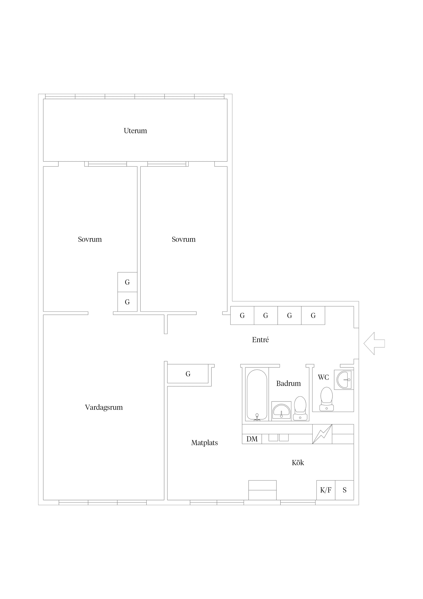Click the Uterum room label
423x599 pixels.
tap(135, 131)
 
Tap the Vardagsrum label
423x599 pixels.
tap(104, 407)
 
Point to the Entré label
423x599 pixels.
tap(260, 340)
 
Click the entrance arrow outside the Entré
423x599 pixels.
tap(374, 343)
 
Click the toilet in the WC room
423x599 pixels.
tap(327, 399)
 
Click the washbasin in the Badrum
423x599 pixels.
tap(281, 411)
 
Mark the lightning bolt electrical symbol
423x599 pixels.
tap(322, 434)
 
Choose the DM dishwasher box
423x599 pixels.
tap(252, 439)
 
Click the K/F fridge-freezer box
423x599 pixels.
tap(326, 490)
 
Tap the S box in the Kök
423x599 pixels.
tap(345, 490)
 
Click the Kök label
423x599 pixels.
tap(298, 463)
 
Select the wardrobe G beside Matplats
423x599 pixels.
tap(188, 374)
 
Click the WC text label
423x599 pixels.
tap(323, 377)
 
